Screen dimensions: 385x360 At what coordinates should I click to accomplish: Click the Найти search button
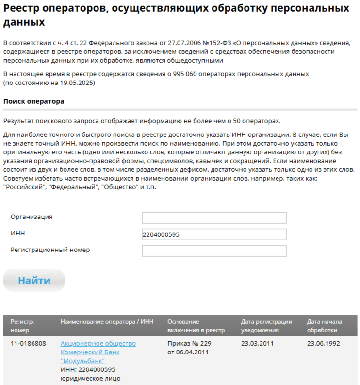(34, 280)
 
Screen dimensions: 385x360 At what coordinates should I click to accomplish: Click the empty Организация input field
(214, 218)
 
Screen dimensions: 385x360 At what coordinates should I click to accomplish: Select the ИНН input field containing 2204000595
(214, 234)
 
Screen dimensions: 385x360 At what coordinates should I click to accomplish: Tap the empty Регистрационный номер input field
(214, 251)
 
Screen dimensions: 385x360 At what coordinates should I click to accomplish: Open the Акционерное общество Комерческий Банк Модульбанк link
(98, 352)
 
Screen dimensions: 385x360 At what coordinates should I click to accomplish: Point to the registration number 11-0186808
(28, 344)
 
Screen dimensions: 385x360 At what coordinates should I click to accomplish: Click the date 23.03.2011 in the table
(257, 344)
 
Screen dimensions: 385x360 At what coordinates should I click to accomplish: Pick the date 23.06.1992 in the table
(323, 344)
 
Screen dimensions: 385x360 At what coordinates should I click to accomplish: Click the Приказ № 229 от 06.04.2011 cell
(189, 348)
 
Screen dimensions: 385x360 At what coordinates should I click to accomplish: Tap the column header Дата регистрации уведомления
(266, 326)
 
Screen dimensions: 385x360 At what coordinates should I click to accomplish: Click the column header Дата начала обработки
(325, 326)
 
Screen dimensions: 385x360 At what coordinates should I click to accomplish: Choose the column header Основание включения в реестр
(196, 326)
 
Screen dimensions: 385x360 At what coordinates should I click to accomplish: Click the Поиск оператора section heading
(33, 102)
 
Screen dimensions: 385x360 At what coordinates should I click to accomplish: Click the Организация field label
(32, 217)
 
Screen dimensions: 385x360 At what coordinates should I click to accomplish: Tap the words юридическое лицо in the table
(90, 378)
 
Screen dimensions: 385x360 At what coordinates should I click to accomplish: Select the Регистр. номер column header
(22, 326)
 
